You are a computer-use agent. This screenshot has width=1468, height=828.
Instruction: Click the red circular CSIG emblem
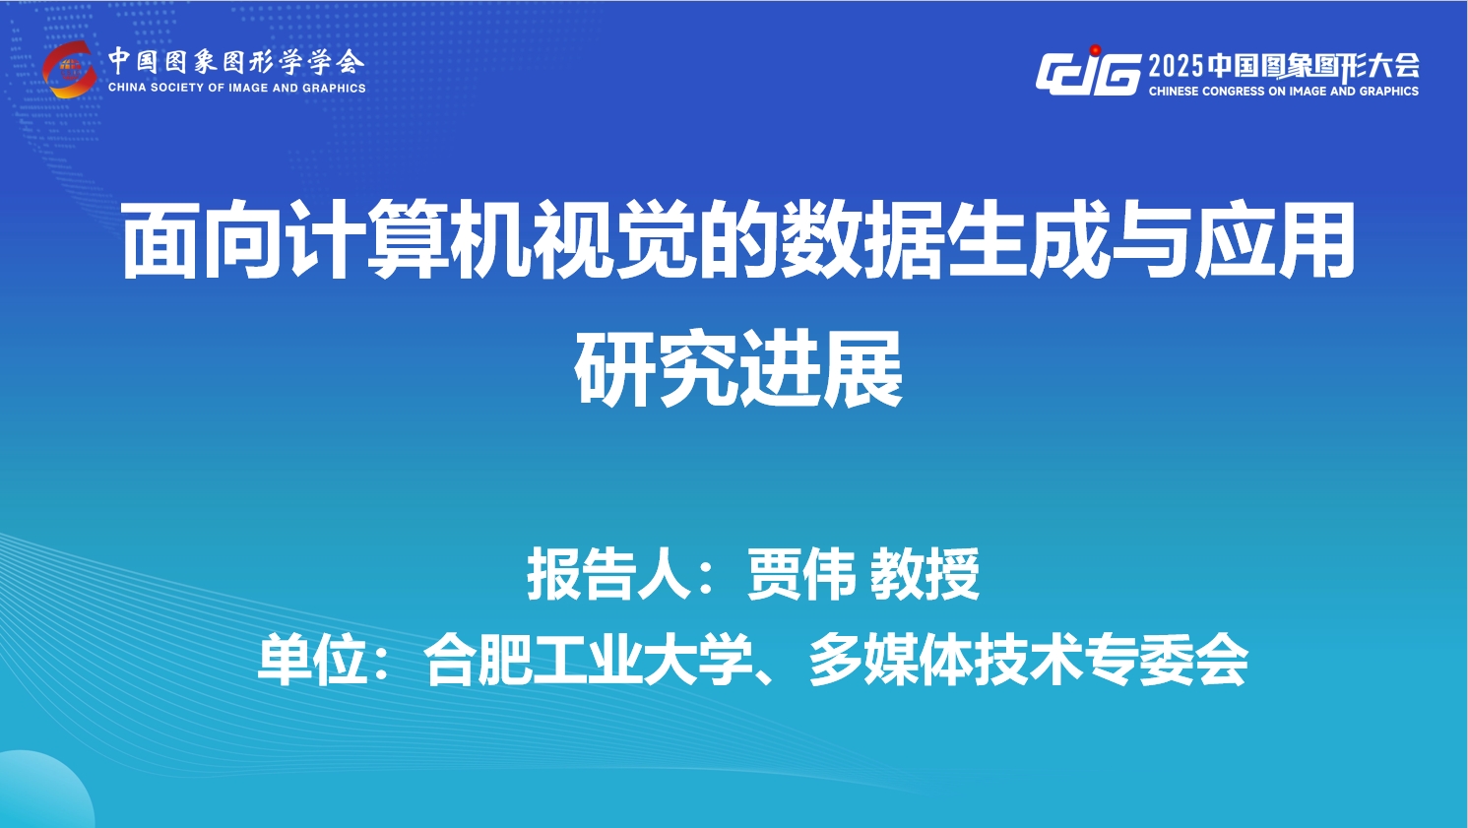(x=70, y=70)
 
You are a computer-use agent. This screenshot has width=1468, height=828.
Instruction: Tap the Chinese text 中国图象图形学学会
(x=236, y=62)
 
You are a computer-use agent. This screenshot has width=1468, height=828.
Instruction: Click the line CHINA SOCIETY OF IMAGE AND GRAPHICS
(x=236, y=88)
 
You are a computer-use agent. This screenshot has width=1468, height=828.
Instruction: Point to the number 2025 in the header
(x=1177, y=66)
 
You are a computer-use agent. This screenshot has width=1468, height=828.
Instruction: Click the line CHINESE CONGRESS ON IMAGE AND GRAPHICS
(x=1283, y=92)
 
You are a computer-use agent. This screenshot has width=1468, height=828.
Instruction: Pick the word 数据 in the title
(x=859, y=239)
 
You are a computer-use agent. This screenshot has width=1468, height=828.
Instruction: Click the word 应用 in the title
(x=1269, y=239)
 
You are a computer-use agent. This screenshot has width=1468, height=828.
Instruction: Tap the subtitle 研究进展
(x=738, y=368)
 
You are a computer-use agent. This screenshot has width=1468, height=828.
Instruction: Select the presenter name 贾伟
(x=800, y=574)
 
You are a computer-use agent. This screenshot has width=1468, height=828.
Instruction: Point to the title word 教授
(x=925, y=574)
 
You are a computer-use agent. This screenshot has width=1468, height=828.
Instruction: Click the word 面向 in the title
(x=202, y=239)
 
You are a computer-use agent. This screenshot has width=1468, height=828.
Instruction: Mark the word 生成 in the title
(x=1023, y=239)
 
